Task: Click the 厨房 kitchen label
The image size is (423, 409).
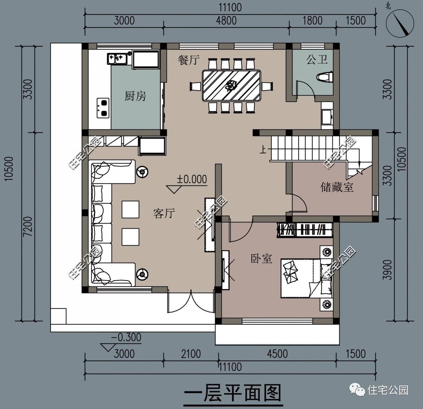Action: [135, 96]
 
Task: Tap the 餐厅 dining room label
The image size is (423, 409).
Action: [188, 60]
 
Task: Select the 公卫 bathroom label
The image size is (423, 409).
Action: [317, 60]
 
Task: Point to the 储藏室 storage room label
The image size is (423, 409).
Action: [337, 187]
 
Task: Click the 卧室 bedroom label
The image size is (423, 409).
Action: [261, 258]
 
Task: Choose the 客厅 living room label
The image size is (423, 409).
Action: [164, 213]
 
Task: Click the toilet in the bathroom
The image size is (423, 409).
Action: [325, 77]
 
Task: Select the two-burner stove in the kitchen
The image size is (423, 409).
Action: [103, 108]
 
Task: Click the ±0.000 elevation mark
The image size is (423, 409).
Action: [192, 179]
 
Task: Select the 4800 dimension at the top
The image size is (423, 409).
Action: [226, 21]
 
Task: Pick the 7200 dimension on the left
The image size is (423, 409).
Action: [28, 227]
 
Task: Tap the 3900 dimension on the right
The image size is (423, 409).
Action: [389, 270]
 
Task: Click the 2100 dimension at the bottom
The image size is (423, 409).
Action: [191, 354]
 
